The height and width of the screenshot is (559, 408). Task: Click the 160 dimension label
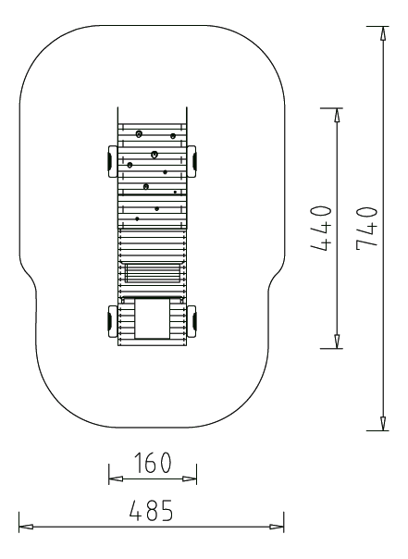[x=153, y=463]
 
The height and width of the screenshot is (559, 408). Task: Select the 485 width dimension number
[x=152, y=510]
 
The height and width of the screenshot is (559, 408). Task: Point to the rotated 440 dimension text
[x=322, y=228]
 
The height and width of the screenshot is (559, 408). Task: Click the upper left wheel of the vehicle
[x=112, y=161]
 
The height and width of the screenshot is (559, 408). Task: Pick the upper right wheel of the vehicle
[x=192, y=161]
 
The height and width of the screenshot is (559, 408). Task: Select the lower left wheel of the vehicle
[x=112, y=321]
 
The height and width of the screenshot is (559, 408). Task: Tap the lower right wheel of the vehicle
[x=192, y=321]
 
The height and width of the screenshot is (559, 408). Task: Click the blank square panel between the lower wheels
[x=152, y=318]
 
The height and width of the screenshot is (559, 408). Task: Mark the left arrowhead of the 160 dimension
[x=116, y=478]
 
